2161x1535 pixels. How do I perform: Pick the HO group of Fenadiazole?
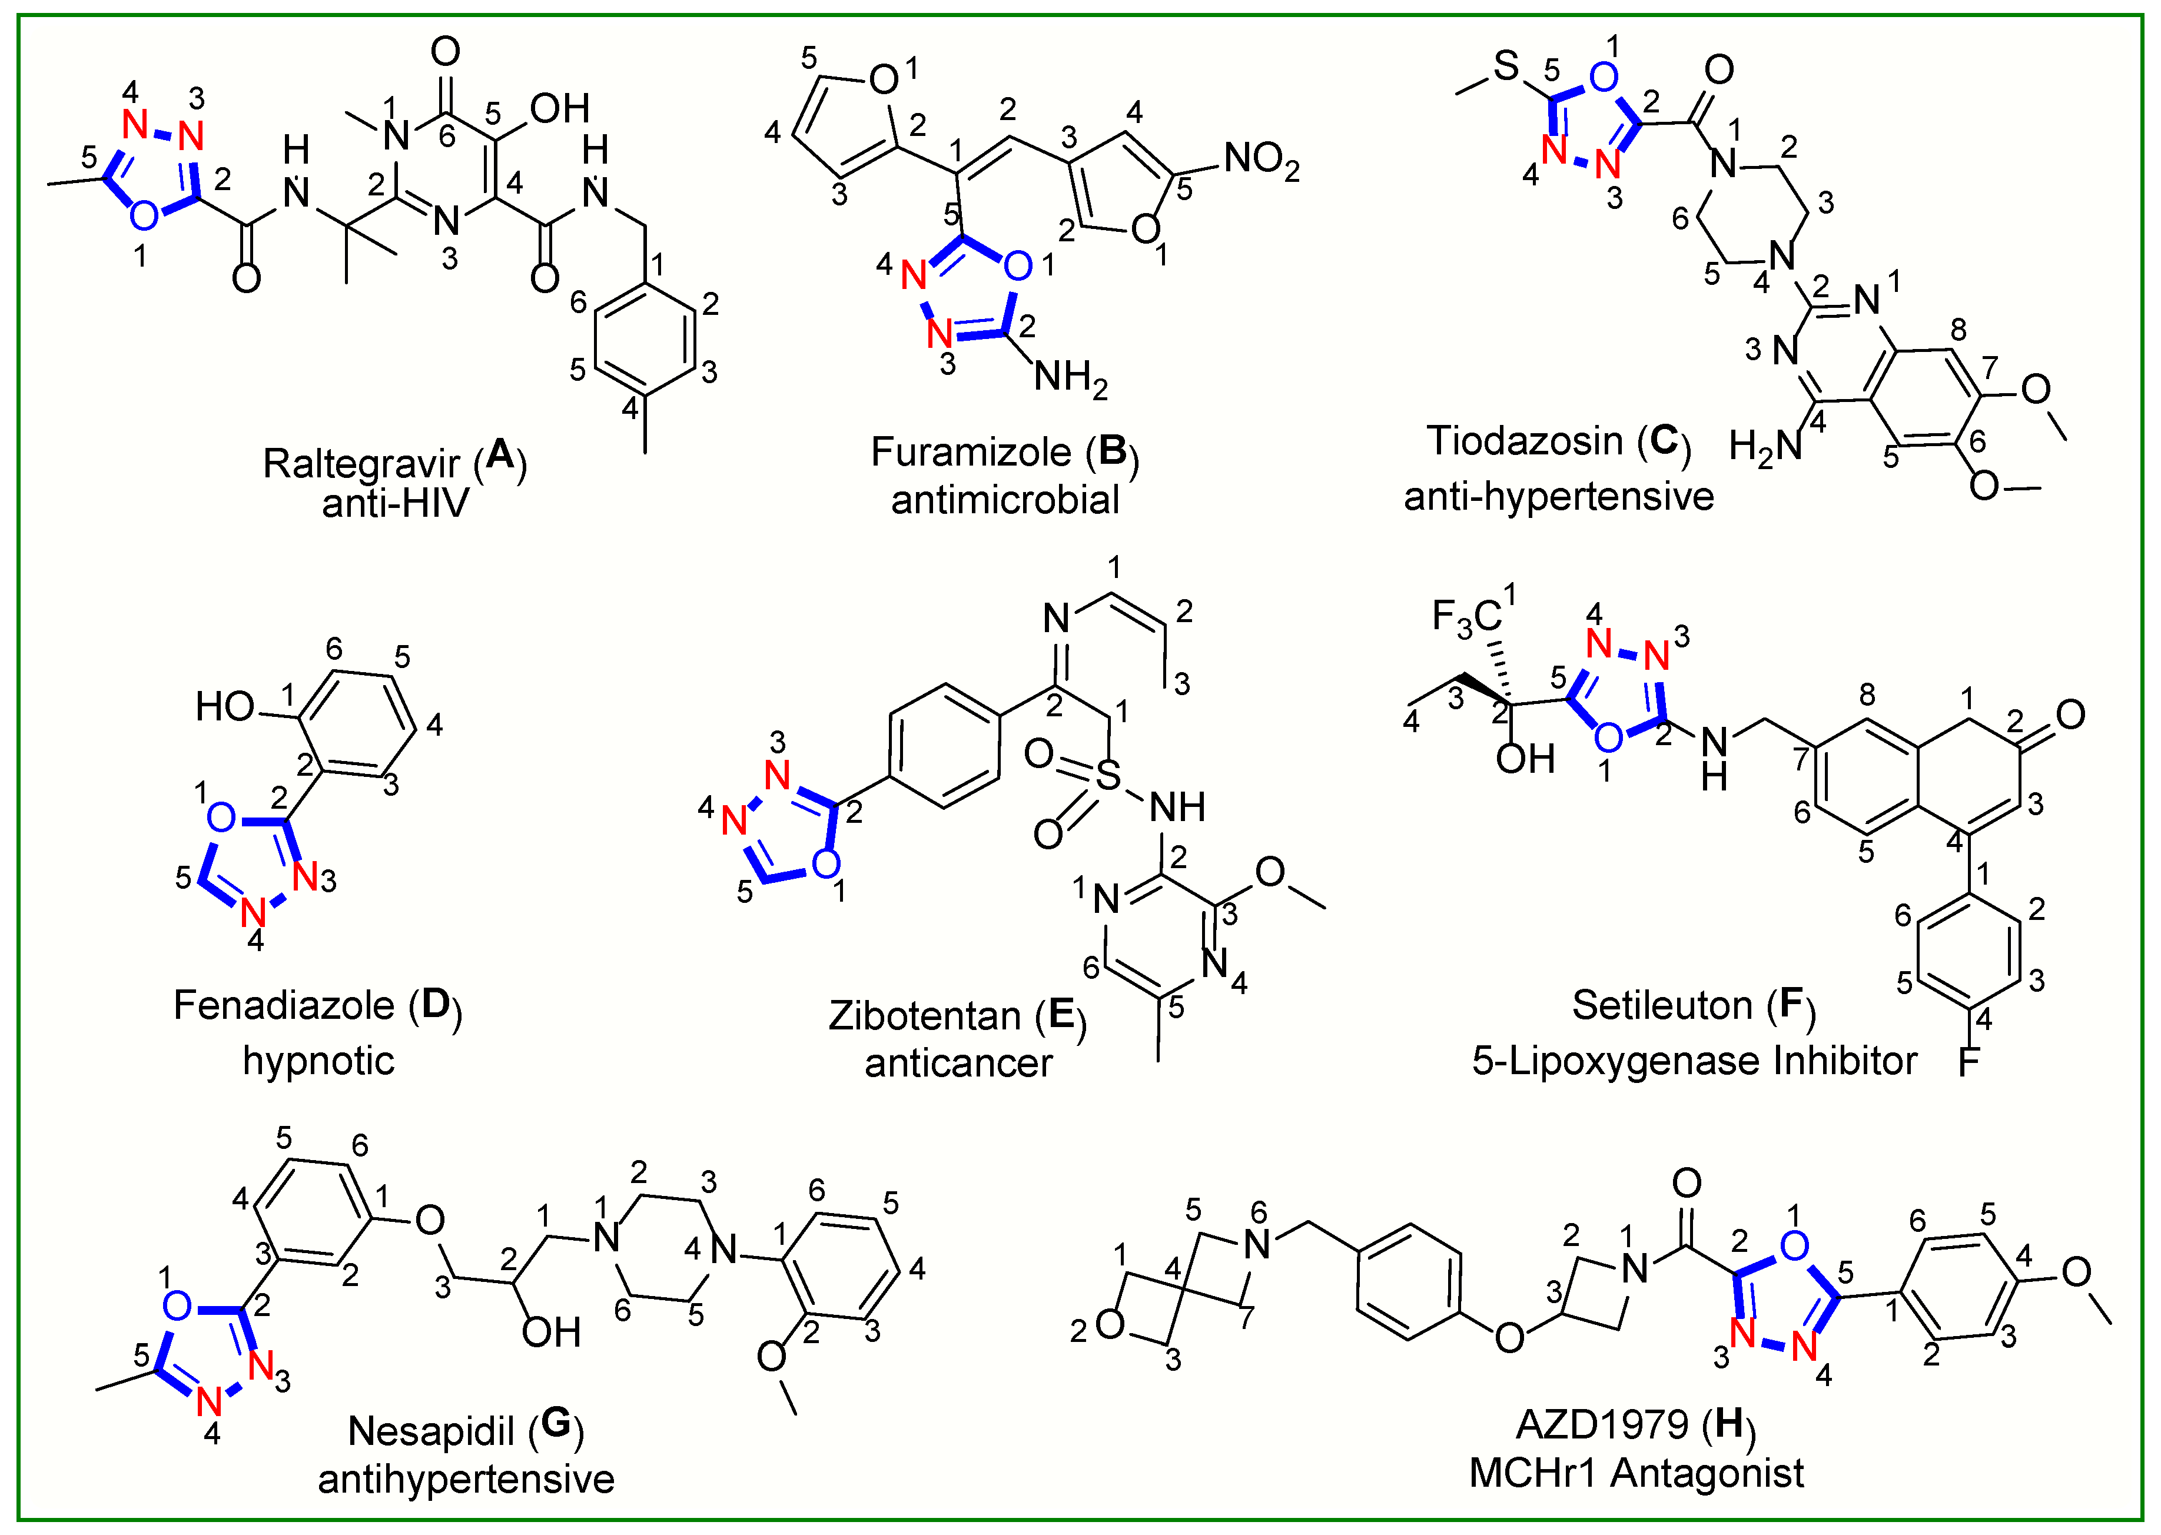[x=225, y=706]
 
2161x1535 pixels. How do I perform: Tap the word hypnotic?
[x=318, y=1061]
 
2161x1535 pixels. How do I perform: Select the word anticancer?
[x=958, y=1064]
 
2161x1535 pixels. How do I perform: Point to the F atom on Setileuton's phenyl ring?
[x=1969, y=1061]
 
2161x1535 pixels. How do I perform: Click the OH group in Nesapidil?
[x=550, y=1333]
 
